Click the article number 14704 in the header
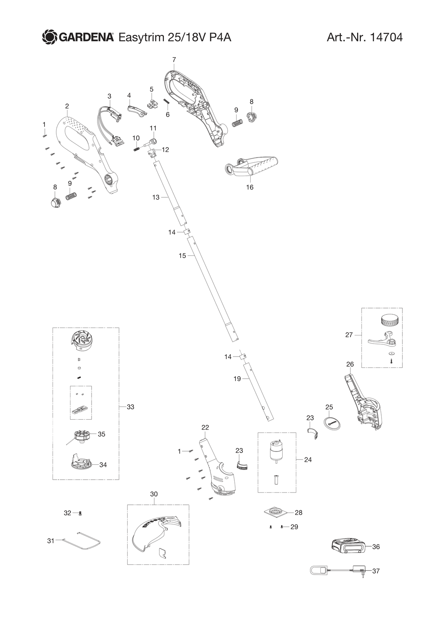click(x=386, y=37)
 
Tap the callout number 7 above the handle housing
click(x=174, y=60)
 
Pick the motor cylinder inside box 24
click(x=275, y=453)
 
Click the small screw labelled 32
click(x=81, y=513)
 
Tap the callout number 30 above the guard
click(x=154, y=494)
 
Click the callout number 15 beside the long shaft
click(x=182, y=255)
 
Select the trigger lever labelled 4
click(x=137, y=110)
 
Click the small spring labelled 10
click(x=136, y=149)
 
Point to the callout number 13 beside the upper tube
click(x=156, y=198)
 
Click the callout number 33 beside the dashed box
click(x=131, y=407)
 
